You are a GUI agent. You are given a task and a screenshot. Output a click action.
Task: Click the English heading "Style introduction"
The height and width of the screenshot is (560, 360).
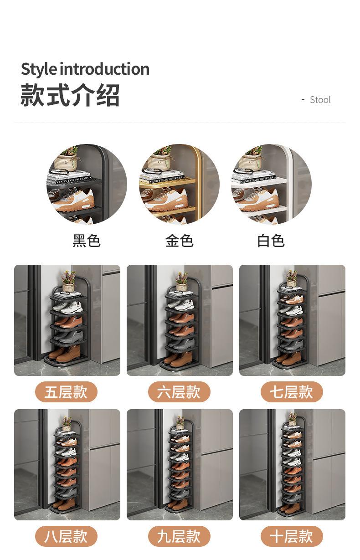[x=85, y=69]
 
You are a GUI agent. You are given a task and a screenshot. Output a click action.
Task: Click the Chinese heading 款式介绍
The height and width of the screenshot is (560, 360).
[x=70, y=95]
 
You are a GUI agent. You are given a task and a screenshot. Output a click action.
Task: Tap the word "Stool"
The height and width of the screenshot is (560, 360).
[x=320, y=100]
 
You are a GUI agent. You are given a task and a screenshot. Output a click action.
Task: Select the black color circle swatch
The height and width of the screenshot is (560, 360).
[x=87, y=184]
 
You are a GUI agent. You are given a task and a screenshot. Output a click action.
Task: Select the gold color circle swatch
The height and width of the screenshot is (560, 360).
[x=179, y=184]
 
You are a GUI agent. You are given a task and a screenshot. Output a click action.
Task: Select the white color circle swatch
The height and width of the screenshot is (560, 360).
[x=271, y=184]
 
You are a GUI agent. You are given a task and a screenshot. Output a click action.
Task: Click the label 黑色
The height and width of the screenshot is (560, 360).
[x=87, y=241]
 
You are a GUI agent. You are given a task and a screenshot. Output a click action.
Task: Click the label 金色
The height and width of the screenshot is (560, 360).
[x=179, y=241]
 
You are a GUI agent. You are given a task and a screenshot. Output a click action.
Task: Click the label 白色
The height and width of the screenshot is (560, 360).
[x=271, y=241]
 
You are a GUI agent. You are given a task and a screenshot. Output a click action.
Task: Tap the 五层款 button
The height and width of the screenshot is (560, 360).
[x=67, y=392]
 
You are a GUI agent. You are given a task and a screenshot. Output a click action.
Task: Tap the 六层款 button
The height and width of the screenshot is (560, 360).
[x=179, y=392]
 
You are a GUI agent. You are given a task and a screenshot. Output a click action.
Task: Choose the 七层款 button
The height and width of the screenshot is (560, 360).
[x=292, y=392]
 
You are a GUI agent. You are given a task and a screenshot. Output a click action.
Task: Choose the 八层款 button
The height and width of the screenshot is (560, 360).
[x=67, y=536]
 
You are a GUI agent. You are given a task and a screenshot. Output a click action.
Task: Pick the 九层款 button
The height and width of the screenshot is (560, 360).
[x=179, y=536]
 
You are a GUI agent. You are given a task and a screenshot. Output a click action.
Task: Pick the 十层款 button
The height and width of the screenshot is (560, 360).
[x=292, y=536]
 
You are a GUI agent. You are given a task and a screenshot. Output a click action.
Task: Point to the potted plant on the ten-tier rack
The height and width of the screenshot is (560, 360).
[x=292, y=419]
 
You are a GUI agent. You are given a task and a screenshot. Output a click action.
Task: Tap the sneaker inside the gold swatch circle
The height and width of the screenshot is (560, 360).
[x=166, y=199]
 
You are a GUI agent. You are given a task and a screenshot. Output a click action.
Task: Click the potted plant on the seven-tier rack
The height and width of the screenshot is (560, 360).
[x=292, y=278]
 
